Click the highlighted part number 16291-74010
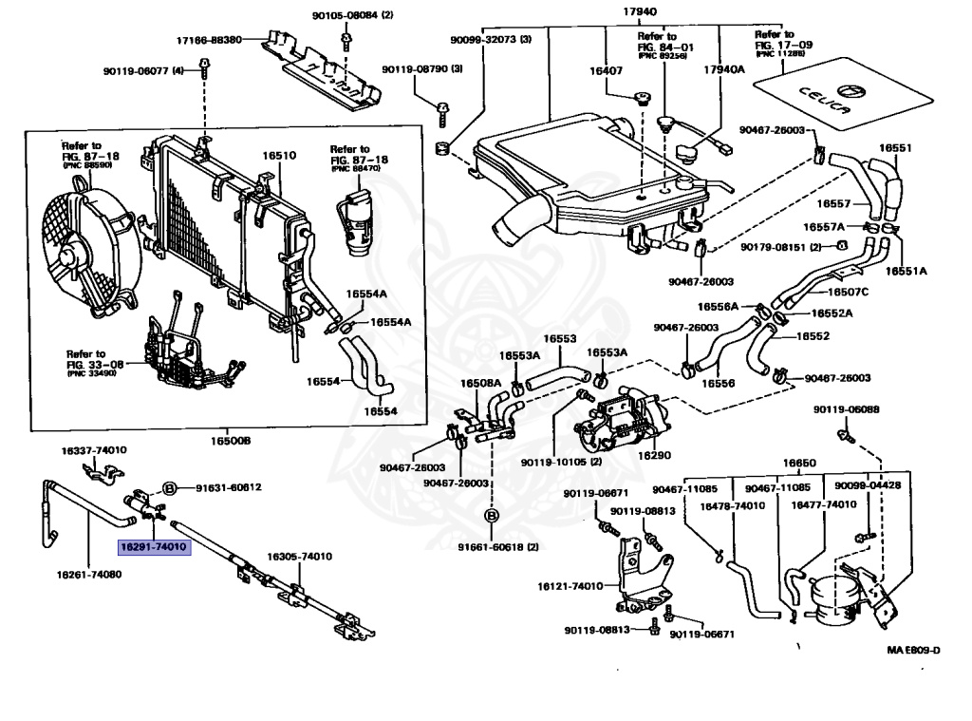[x=154, y=547]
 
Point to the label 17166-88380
[x=209, y=40]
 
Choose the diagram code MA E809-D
[x=913, y=650]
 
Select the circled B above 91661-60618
[x=492, y=515]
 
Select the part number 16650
[x=798, y=464]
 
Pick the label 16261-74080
[x=89, y=575]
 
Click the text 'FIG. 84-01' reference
[x=665, y=46]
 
